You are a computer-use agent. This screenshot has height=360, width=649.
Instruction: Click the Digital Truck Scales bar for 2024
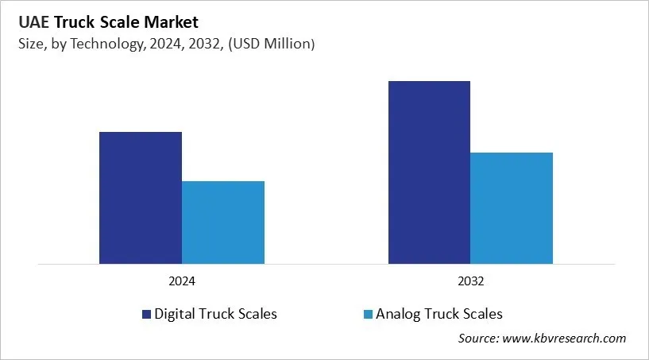coord(140,198)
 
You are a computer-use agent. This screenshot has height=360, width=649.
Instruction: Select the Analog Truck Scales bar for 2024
coord(223,223)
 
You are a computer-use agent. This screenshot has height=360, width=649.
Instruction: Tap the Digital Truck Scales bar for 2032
coord(429,172)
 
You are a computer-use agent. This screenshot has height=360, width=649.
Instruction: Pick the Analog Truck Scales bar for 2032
coord(512,208)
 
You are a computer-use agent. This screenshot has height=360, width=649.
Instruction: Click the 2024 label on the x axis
coord(182,281)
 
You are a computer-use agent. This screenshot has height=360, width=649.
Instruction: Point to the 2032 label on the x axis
coord(470,281)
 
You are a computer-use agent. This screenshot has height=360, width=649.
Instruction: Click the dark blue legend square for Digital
coord(146,315)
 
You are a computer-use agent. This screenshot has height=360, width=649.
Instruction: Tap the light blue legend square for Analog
coord(367,315)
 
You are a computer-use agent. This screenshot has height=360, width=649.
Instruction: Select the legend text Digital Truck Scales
coord(216,314)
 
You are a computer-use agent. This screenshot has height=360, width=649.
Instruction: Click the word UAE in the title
coord(33,22)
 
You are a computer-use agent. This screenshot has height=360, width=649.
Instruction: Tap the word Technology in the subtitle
coord(111,45)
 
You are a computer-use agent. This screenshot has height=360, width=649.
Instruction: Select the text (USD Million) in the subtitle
coord(271,45)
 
